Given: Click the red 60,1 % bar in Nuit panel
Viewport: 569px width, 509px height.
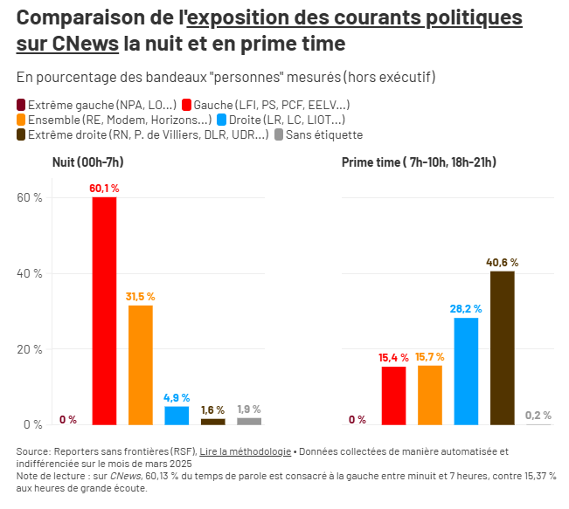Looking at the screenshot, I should (x=104, y=310).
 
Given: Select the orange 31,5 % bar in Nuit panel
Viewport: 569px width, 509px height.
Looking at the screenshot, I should (x=140, y=364).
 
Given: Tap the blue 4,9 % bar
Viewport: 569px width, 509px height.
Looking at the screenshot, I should (x=177, y=415).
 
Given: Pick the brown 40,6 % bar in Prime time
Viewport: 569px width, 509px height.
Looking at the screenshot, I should (x=502, y=347).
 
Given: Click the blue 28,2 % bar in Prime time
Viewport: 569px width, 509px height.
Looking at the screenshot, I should (x=466, y=371).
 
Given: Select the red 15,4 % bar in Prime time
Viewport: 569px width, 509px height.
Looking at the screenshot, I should (x=393, y=395).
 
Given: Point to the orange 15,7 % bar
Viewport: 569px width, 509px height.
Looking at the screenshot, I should (x=429, y=395).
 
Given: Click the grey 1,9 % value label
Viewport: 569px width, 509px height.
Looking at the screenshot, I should (x=249, y=409).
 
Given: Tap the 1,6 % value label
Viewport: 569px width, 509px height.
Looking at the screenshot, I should (x=212, y=409).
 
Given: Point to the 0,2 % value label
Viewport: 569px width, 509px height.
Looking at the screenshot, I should (x=538, y=416).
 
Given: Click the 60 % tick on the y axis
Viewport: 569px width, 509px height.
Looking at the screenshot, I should (x=30, y=198).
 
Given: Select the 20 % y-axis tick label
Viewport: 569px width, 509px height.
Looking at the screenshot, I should (x=30, y=349).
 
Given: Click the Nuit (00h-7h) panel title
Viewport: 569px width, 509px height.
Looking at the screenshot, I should (x=88, y=162).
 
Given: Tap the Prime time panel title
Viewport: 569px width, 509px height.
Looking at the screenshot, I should (x=419, y=162).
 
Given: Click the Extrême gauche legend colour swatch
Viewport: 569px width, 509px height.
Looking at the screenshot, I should (x=21, y=105).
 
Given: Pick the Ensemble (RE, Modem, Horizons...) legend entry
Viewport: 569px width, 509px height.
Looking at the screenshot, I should (x=114, y=120).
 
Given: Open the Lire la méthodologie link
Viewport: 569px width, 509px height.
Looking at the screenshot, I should (x=246, y=451).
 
